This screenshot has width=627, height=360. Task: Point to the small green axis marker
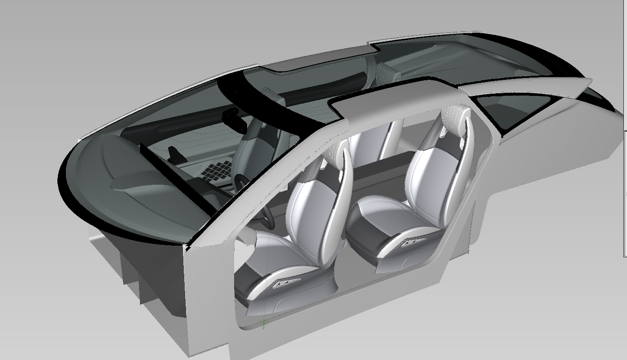click(264, 322)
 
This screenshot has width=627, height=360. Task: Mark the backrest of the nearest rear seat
click(431, 170)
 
